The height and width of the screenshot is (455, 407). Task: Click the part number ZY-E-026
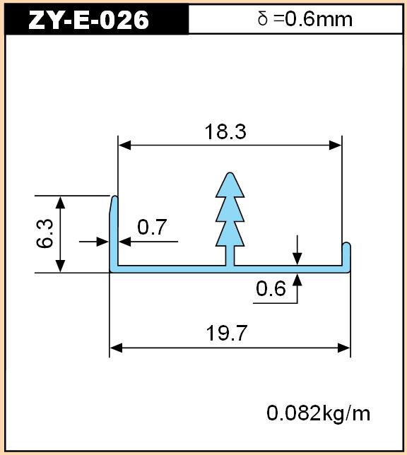coord(88,20)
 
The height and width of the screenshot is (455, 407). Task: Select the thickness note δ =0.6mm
coord(305,19)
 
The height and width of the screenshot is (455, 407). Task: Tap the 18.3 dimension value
coord(225,131)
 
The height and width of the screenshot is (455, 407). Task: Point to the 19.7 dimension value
coord(226,333)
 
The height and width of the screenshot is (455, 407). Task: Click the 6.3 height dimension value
coord(45,234)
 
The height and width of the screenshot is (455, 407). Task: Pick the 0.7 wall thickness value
coord(152,227)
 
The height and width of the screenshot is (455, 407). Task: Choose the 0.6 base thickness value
coord(271,289)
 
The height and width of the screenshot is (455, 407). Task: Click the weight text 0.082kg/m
coord(319,413)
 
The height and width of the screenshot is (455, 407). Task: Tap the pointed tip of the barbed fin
coord(230,174)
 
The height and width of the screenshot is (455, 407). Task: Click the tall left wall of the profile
coord(114,232)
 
